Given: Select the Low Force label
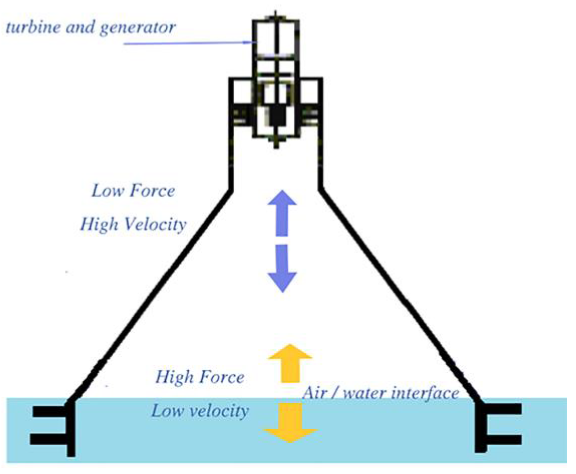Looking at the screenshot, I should (x=133, y=191).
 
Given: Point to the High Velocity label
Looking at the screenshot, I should (x=133, y=224).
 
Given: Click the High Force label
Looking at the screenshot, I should (x=200, y=377).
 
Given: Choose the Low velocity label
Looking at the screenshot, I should (x=200, y=411).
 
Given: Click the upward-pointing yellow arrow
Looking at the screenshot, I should (x=290, y=363).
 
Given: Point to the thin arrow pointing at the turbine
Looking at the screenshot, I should (x=189, y=43).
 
